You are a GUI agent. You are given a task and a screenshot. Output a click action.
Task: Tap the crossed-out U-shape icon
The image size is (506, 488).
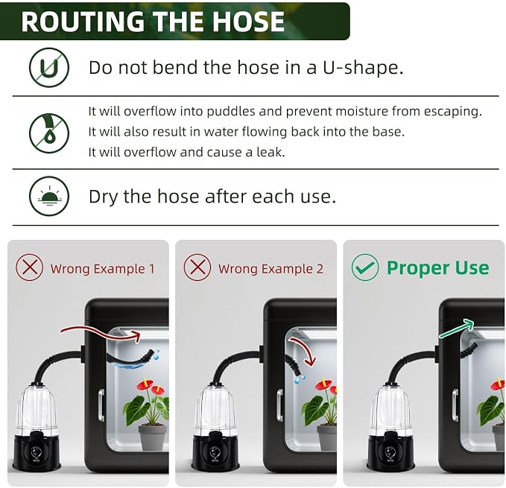pos(49,67)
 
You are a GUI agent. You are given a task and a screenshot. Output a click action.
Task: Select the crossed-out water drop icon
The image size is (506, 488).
pos(49,133)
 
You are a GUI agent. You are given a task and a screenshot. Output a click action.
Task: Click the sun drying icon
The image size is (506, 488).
pos(49,196)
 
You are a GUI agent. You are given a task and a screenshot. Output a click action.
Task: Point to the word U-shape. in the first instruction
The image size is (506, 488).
pos(363,68)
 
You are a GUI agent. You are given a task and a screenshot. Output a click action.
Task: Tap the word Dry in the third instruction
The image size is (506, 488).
pos(104,197)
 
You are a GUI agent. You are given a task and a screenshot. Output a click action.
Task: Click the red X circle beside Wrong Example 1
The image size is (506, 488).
pos(29,267)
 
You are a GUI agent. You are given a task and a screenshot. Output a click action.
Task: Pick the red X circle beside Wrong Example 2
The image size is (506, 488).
pos(197,267)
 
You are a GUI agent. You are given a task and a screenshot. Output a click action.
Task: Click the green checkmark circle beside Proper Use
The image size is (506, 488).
pos(365,267)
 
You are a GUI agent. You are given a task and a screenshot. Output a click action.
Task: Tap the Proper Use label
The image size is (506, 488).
pos(438,268)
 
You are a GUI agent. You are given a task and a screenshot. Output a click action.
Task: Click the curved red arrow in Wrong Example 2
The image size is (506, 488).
pos(306,349)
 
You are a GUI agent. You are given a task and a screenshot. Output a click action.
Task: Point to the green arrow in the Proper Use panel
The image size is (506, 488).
pos(456,329)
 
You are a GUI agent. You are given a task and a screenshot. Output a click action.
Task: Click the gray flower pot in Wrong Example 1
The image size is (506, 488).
pos(152,437)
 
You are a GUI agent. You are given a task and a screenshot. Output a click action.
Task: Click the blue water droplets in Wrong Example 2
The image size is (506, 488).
pos(299,379)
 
